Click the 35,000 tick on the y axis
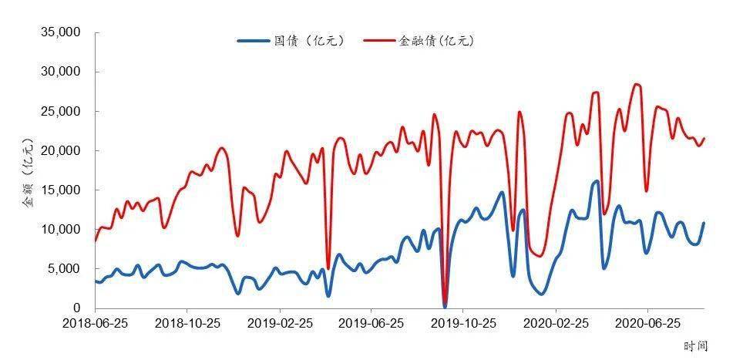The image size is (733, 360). pos(60,32)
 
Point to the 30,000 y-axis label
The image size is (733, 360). pos(60,72)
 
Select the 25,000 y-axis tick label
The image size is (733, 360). pos(60,111)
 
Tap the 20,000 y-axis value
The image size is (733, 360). pos(60,150)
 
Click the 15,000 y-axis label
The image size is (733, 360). pos(60,190)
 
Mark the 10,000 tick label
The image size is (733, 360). pos(60,229)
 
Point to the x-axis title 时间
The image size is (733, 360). pos(695,347)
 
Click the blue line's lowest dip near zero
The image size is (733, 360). pos(445,306)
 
